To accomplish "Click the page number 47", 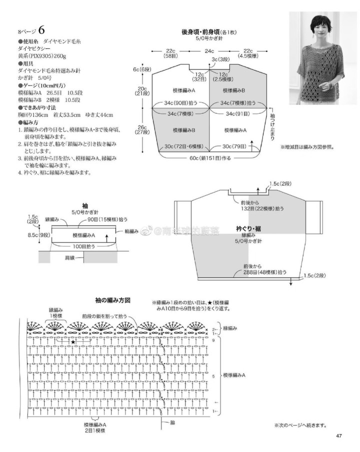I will pyautogui.click(x=338, y=438).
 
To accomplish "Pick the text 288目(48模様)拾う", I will pyautogui.click(x=265, y=272).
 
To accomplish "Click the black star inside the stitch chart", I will pyautogui.click(x=73, y=342).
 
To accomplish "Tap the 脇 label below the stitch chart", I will pyautogui.click(x=172, y=423).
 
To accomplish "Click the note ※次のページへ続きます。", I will pyautogui.click(x=300, y=426).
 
